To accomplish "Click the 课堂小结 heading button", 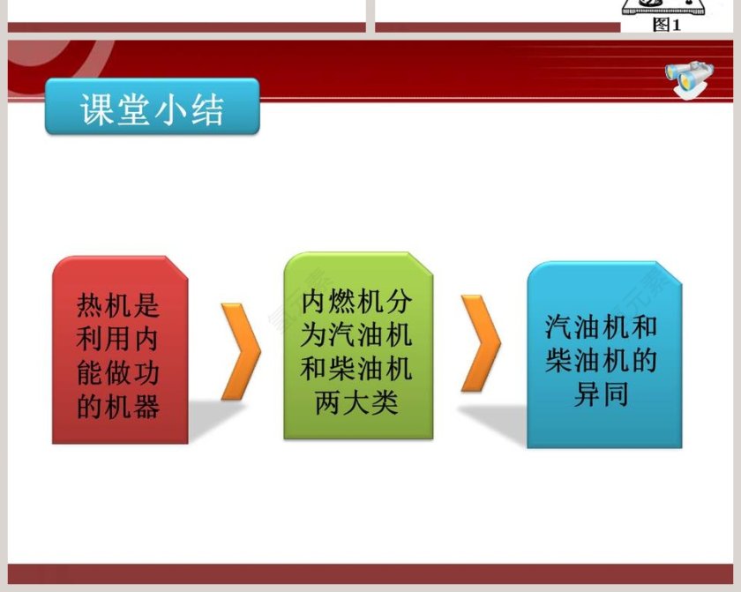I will [152, 107].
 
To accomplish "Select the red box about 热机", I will [120, 349].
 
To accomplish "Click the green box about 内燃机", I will [357, 346].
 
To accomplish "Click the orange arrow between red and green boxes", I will [239, 350].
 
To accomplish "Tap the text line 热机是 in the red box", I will [119, 306].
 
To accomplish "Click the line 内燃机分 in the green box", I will [357, 302].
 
